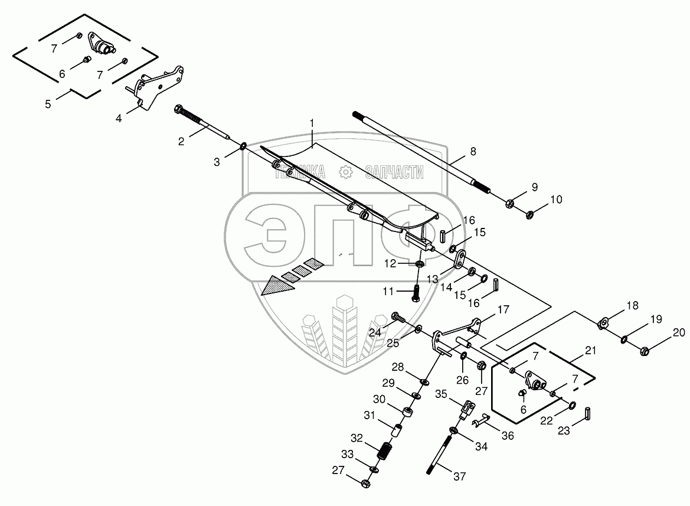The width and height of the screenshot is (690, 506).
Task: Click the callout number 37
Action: click(x=459, y=476)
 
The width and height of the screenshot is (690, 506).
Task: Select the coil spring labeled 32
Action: click(x=385, y=453)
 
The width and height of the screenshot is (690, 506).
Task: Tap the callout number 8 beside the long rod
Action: click(x=473, y=151)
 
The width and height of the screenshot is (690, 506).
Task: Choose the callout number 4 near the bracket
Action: click(x=119, y=118)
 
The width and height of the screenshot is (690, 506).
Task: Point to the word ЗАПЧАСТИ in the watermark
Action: click(x=395, y=171)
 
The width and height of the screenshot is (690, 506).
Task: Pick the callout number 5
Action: click(x=48, y=103)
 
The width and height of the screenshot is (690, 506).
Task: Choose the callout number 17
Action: click(x=502, y=309)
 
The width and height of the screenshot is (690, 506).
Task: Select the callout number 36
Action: click(x=508, y=436)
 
